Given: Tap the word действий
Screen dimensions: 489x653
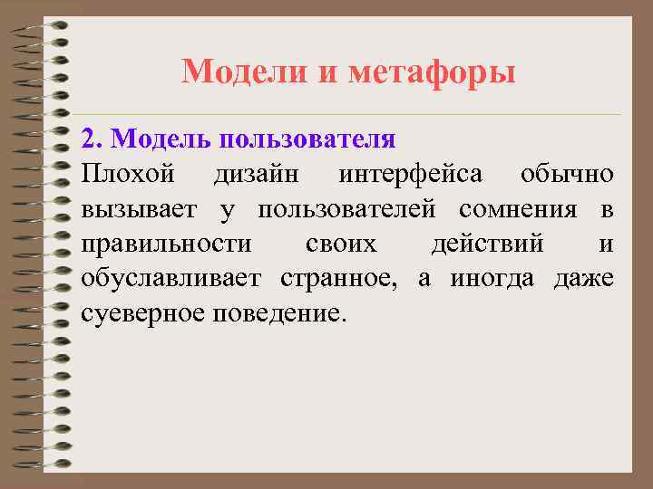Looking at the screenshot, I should pyautogui.click(x=489, y=245).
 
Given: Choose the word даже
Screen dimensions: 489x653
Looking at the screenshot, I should pyautogui.click(x=583, y=280).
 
